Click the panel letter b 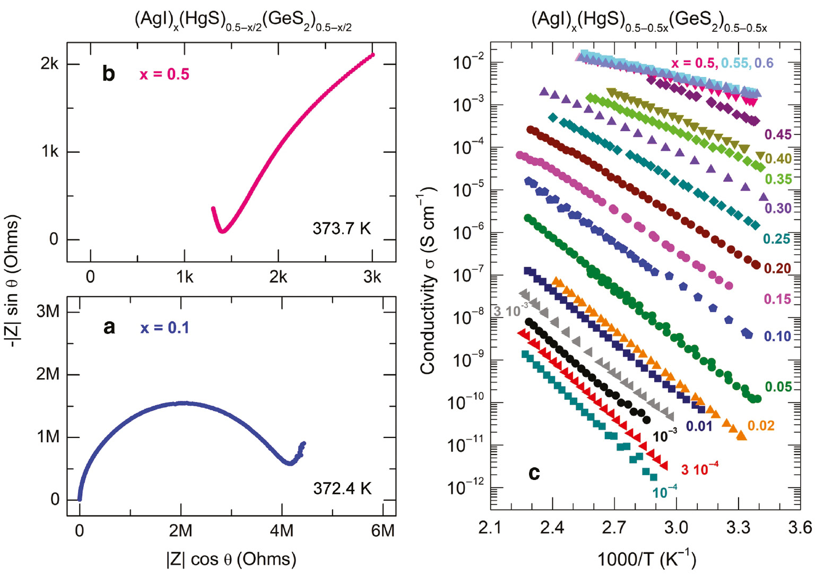coord(108,74)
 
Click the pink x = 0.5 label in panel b coord(164,74)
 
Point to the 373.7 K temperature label coord(341,229)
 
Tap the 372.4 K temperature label coord(342,488)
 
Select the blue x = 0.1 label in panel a coord(164,328)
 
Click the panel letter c coord(534,473)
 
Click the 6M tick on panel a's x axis coord(383,530)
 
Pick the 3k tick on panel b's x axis coord(372,277)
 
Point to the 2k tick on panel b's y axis coord(50,64)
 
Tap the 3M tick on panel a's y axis coord(48,311)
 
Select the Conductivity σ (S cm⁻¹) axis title coord(428,281)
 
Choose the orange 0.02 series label coord(761,425)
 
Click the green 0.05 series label coord(778,387)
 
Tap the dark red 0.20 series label coord(777,268)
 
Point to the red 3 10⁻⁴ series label coord(699,469)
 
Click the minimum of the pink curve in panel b coord(222,231)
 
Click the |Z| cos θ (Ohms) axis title coord(231,559)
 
